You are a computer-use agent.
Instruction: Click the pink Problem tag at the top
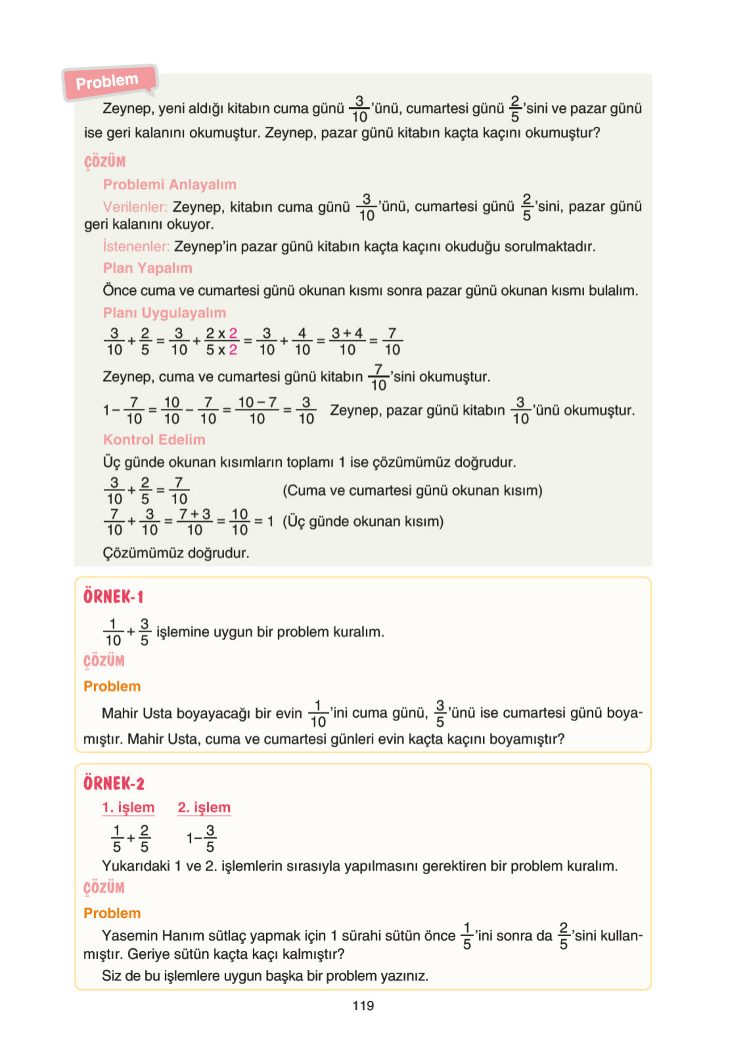point(108,82)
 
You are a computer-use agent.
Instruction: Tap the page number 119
point(363,1005)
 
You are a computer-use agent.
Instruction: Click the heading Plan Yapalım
point(148,268)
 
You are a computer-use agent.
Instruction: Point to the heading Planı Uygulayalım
point(164,313)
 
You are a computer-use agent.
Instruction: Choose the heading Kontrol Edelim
point(154,439)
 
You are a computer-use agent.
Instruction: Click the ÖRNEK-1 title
point(113,597)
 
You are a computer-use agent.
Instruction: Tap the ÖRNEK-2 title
point(114,783)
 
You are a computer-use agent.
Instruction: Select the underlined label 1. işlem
point(128,807)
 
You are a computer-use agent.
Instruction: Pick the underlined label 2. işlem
point(204,807)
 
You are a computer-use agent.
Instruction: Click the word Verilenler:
point(135,207)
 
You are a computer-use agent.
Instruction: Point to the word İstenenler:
point(136,247)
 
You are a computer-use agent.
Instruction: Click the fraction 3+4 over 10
point(347,341)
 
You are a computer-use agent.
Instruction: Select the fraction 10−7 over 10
point(257,410)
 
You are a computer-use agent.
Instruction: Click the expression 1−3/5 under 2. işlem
point(201,838)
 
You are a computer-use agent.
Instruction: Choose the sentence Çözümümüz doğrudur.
point(176,553)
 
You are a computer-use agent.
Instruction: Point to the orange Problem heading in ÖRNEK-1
point(112,687)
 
